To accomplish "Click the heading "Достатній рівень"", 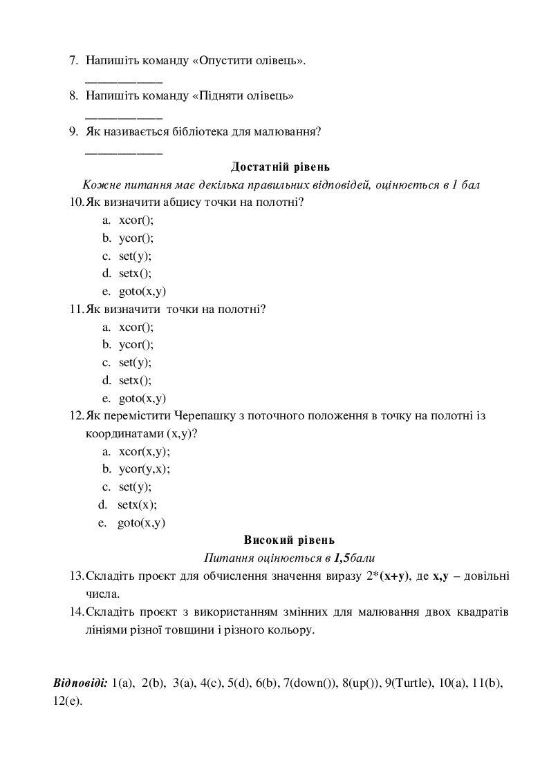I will click(x=280, y=167).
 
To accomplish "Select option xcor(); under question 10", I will click(x=136, y=220).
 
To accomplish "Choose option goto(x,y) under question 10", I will click(x=142, y=291).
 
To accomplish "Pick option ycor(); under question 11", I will click(x=136, y=344).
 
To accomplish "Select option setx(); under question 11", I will click(x=135, y=380).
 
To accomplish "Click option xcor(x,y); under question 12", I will click(x=144, y=451).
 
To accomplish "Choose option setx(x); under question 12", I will click(x=137, y=504).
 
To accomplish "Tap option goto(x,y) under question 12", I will click(x=141, y=523).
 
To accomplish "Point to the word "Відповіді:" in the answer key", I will click(x=80, y=683).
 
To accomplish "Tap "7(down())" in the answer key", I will click(x=311, y=683).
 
